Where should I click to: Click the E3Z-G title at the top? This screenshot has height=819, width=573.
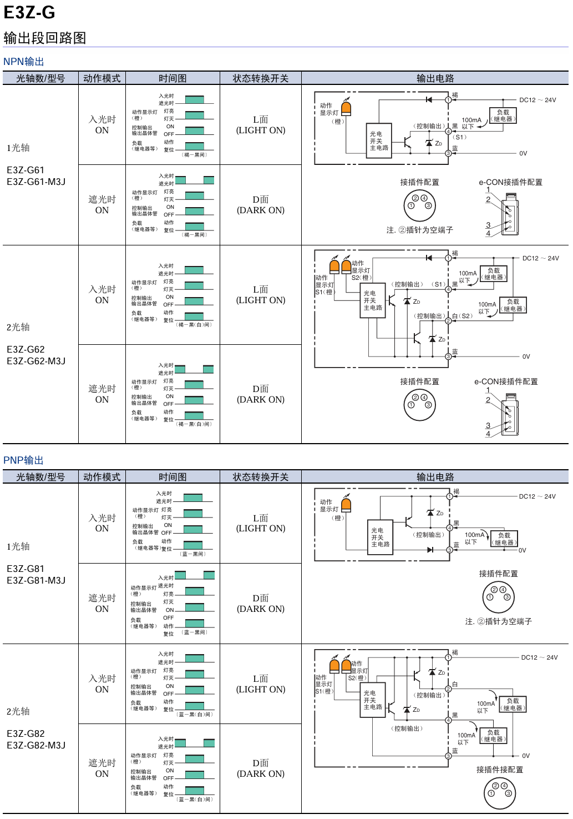(29, 12)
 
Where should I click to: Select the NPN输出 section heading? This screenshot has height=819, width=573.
(23, 62)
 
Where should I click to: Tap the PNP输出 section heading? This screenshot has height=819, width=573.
(23, 460)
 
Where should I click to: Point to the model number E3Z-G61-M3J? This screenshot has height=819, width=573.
(36, 182)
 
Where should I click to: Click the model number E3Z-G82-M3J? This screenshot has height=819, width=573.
(36, 745)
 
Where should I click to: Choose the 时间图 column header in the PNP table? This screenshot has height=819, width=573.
(173, 477)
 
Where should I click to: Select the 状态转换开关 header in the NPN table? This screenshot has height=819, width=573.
(261, 78)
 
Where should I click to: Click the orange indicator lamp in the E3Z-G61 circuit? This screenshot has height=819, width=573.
(346, 107)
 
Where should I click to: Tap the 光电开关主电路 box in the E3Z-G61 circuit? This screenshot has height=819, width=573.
(379, 141)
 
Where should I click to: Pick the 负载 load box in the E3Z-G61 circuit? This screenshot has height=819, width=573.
(503, 115)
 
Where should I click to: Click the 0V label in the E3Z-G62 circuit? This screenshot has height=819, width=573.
(526, 356)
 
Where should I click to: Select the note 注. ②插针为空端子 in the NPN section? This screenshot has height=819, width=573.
(419, 230)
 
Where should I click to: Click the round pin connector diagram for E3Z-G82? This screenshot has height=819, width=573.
(500, 793)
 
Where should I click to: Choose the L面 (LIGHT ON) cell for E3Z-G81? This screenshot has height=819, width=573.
(261, 523)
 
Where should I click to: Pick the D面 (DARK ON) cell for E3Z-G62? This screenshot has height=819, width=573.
(261, 394)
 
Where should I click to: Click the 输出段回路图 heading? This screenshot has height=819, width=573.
(45, 38)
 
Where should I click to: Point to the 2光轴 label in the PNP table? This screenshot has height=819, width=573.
(18, 711)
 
